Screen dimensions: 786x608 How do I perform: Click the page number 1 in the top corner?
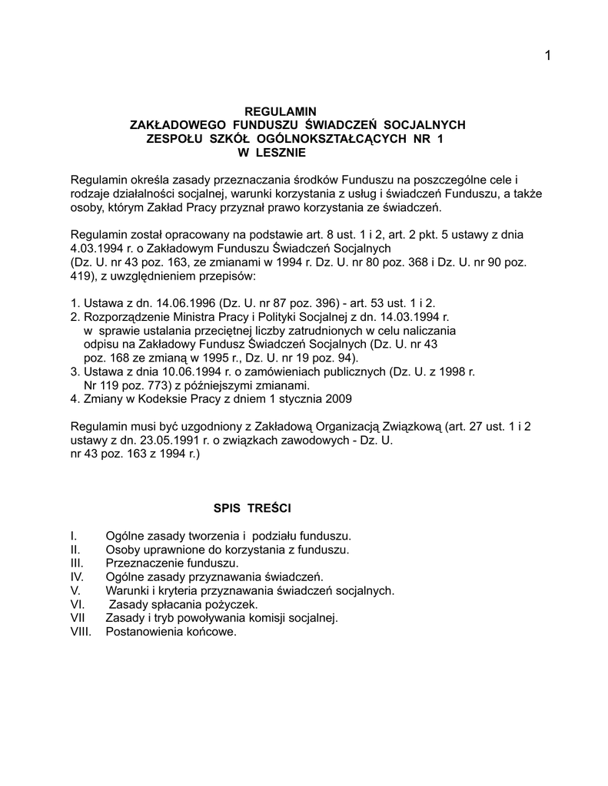(x=547, y=55)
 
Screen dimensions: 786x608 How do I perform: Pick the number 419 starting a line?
(x=79, y=276)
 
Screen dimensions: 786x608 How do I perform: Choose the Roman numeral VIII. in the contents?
(x=80, y=632)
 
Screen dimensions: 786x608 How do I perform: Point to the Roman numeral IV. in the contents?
(x=76, y=576)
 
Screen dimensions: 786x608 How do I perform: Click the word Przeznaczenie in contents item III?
(x=141, y=563)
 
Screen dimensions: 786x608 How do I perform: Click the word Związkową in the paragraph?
(x=410, y=427)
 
